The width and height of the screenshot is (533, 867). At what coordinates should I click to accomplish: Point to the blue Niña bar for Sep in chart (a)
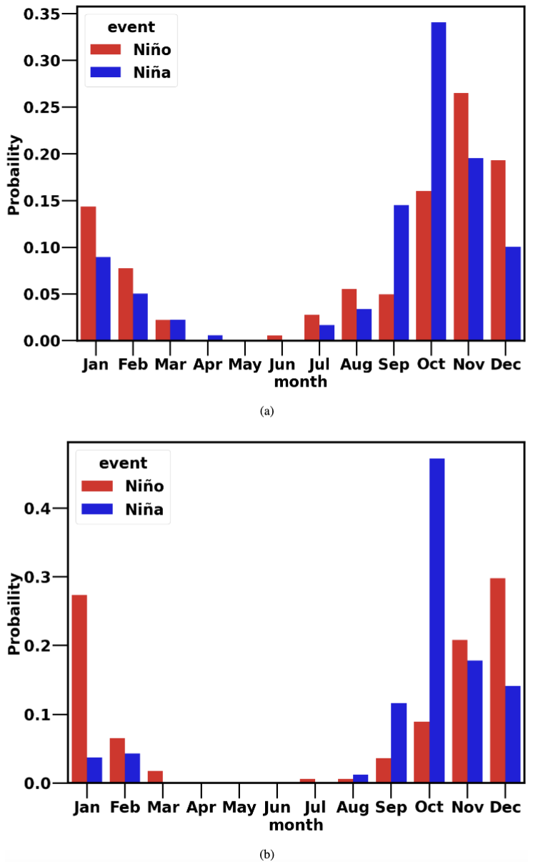click(401, 272)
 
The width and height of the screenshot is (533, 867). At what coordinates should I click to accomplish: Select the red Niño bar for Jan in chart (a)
click(89, 273)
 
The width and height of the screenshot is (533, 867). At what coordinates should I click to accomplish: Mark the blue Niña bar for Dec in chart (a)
click(513, 293)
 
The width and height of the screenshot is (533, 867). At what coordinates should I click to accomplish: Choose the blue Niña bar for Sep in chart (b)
click(398, 743)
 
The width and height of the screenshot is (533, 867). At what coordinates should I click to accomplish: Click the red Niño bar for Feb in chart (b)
click(118, 761)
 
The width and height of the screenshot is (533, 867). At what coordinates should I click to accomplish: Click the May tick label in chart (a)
click(245, 365)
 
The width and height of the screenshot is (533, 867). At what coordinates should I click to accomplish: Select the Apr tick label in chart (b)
click(202, 807)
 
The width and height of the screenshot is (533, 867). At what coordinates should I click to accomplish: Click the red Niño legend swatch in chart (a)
click(106, 49)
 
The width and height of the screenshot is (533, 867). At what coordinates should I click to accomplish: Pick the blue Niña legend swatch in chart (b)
click(99, 510)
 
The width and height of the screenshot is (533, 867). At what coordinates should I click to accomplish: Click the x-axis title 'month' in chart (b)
click(296, 825)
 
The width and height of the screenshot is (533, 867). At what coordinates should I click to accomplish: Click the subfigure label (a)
click(267, 410)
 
